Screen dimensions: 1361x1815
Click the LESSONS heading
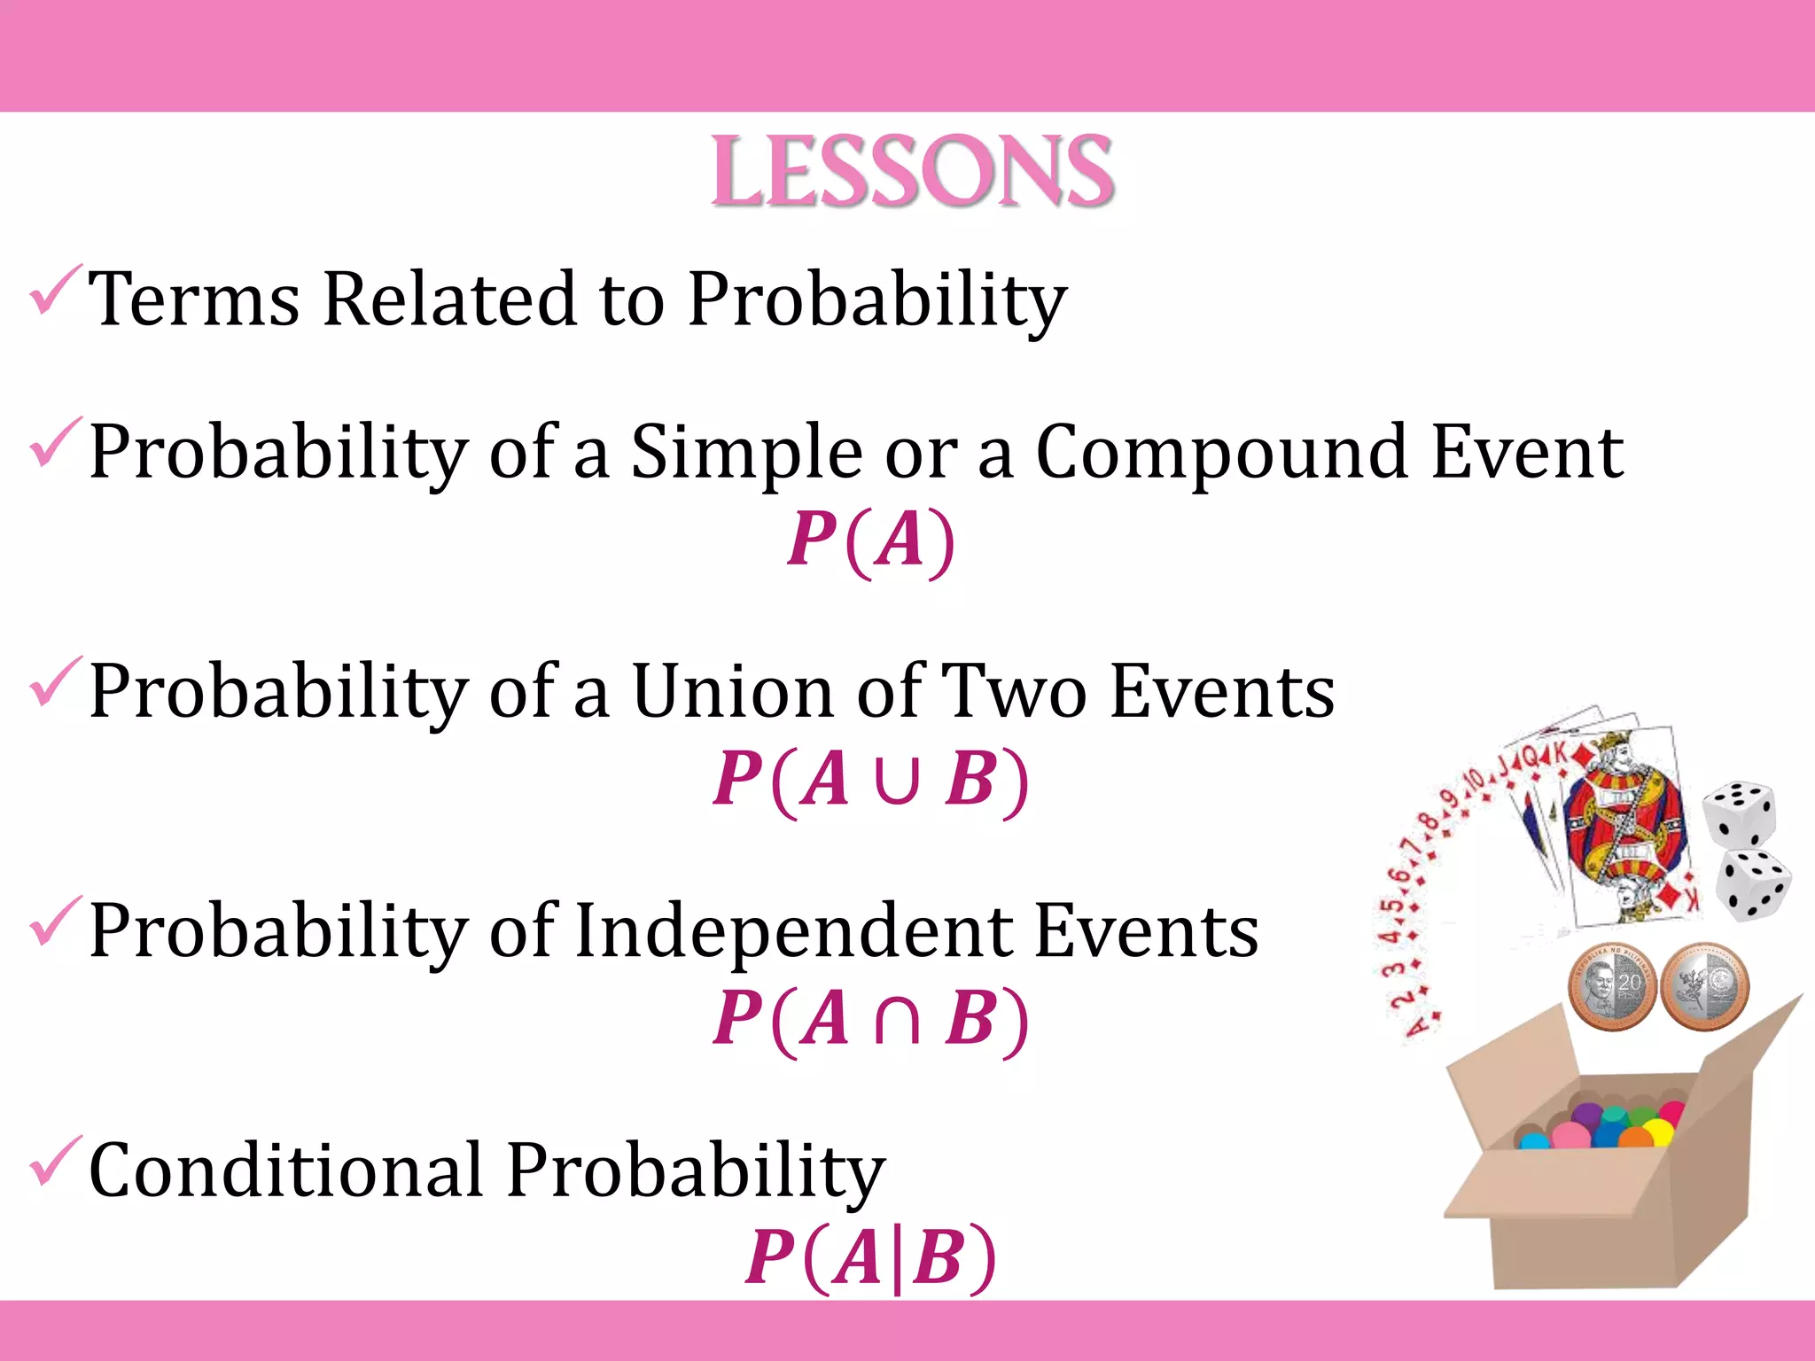coord(912,172)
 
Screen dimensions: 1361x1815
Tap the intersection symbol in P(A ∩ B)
coord(896,1019)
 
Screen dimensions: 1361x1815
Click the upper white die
coord(1739,813)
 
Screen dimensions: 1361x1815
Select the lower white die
coord(1752,884)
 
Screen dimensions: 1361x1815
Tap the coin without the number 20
coord(1704,985)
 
